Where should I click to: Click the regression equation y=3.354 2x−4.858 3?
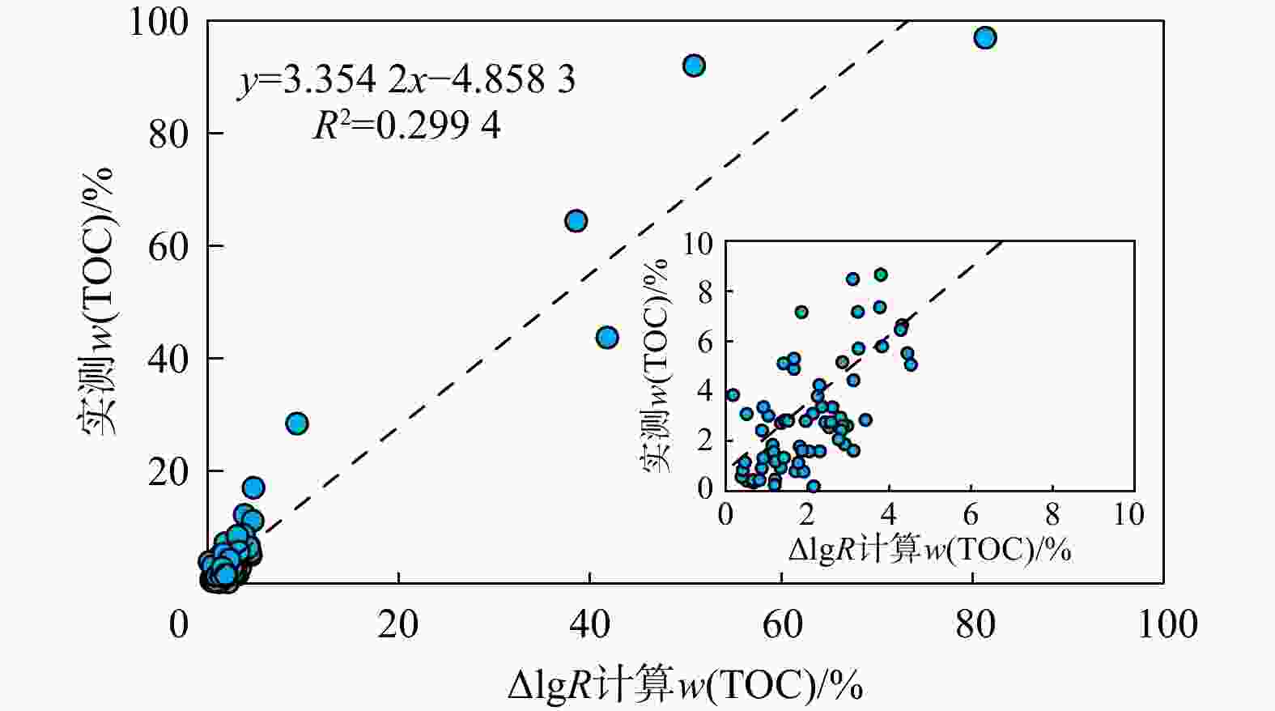(406, 79)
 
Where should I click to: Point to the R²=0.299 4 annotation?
(406, 126)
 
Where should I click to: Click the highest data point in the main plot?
(984, 38)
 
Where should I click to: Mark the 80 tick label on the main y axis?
(169, 134)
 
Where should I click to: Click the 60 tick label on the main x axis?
(782, 624)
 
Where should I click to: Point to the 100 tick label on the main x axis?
(1167, 624)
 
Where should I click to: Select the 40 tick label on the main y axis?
(169, 358)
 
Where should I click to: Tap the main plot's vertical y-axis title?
(98, 301)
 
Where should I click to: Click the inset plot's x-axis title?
(929, 551)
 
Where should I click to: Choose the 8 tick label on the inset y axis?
(705, 292)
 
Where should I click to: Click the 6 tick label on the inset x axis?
(971, 514)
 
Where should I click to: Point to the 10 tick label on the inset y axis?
(699, 243)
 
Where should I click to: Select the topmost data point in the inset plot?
(880, 275)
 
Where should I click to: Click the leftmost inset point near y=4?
(733, 395)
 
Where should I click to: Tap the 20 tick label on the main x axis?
(398, 624)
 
